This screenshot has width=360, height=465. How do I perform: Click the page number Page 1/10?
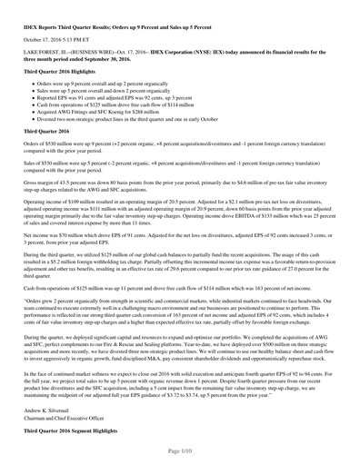[180, 451]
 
